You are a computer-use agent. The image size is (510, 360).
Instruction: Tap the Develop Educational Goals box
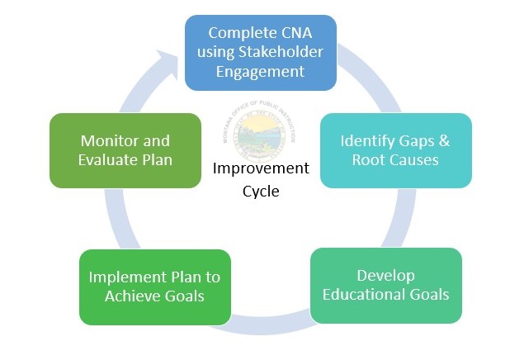[x=385, y=285]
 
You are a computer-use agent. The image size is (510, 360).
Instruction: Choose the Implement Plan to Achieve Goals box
[x=154, y=287]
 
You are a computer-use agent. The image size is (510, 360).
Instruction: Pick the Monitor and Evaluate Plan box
[x=125, y=150]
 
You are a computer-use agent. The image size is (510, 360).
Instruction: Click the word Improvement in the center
[x=261, y=168]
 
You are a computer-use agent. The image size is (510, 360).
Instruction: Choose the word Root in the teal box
[x=369, y=159]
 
